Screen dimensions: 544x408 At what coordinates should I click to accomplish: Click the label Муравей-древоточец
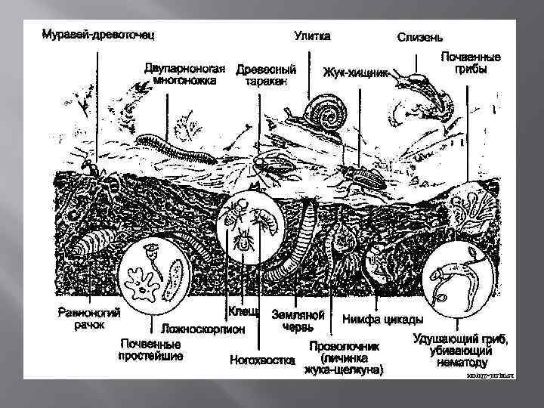(98, 35)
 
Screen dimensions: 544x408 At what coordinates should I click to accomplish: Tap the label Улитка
(312, 35)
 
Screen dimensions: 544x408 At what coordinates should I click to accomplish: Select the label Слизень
(420, 37)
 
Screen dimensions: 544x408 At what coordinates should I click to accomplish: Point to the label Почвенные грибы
(471, 62)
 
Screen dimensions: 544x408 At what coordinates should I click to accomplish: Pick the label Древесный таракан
(266, 76)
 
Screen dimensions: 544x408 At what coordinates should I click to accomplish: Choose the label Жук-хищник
(355, 73)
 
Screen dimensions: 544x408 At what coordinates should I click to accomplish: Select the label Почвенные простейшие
(150, 350)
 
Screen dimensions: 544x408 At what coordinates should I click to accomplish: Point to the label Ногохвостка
(262, 360)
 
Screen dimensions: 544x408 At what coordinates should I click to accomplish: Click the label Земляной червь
(298, 320)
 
